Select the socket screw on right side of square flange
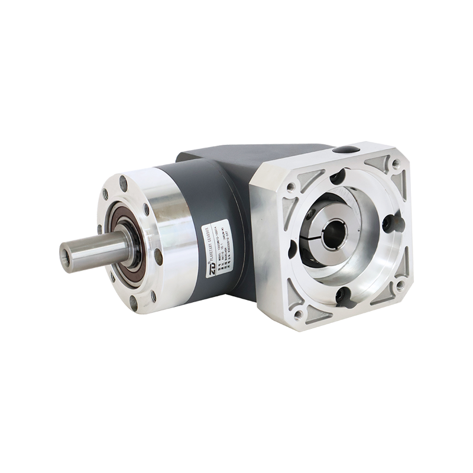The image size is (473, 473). pyautogui.click(x=387, y=223)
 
